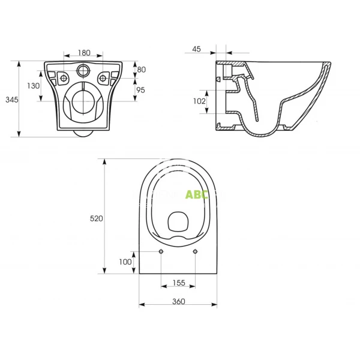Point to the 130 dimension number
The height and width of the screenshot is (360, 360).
tap(34, 86)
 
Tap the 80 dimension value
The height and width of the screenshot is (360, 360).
tap(142, 69)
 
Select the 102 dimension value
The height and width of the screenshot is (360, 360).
tap(199, 101)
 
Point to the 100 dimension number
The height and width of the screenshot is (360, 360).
tap(124, 262)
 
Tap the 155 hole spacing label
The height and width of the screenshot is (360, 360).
tap(179, 282)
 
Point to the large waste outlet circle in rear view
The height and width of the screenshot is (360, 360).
tap(83, 100)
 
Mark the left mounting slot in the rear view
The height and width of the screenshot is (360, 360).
tap(62, 77)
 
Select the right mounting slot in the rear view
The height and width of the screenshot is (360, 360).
tap(104, 77)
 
